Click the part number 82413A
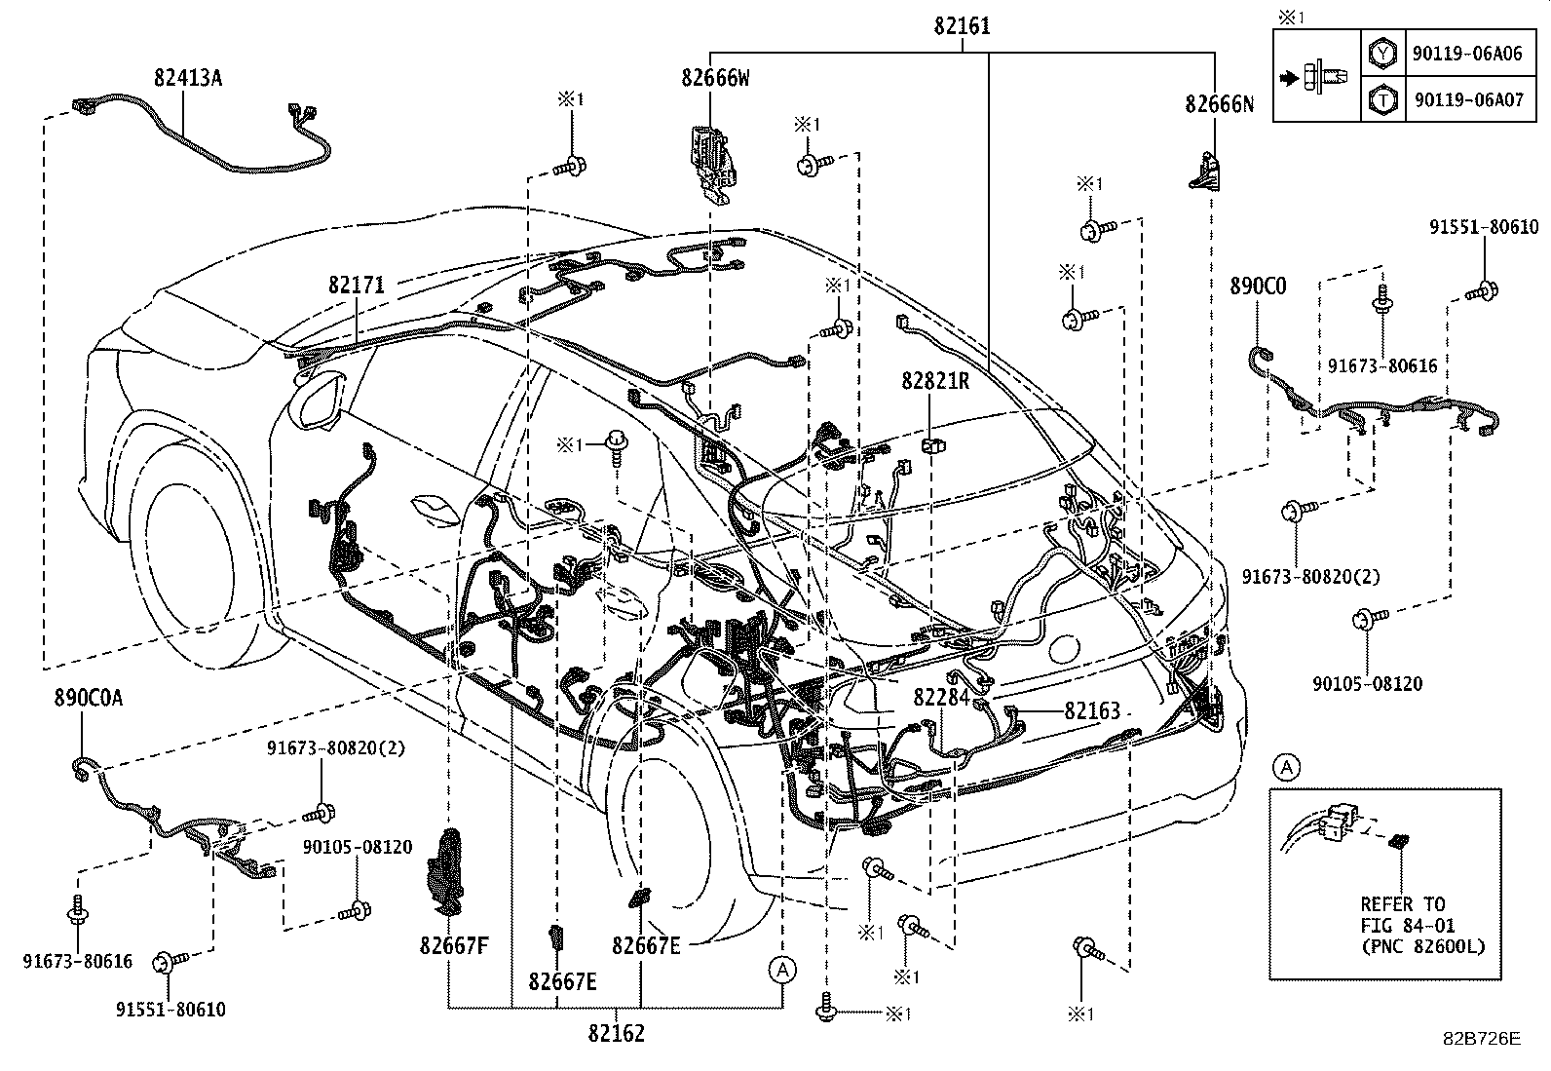[x=187, y=77]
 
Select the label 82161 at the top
[x=962, y=26]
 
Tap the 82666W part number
[x=715, y=79]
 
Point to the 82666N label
[x=1219, y=104]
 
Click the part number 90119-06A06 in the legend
[x=1466, y=54]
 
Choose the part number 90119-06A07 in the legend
[x=1466, y=98]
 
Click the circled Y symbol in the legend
[x=1382, y=54]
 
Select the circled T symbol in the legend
[x=1382, y=98]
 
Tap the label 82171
[x=357, y=285]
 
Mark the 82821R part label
[x=935, y=381]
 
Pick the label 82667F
[x=454, y=944]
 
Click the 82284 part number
[x=941, y=698]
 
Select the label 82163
[x=1092, y=711]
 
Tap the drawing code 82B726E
[x=1482, y=1039]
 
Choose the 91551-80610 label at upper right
[x=1484, y=227]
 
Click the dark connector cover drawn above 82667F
[x=447, y=869]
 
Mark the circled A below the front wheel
[x=782, y=970]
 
